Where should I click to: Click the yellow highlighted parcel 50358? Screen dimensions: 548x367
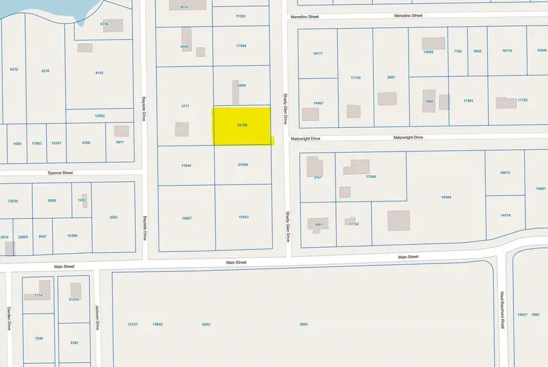(242, 125)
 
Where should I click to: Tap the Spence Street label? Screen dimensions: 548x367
(60, 173)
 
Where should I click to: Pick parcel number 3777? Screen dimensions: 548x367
(185, 106)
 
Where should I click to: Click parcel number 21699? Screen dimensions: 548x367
(243, 164)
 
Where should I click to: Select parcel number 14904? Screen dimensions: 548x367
(446, 197)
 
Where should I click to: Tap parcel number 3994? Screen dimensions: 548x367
(303, 324)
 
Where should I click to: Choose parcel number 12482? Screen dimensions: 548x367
(99, 116)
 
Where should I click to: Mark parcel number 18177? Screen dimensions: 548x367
(317, 54)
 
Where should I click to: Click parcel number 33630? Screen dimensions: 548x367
(13, 201)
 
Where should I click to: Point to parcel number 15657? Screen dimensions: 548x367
(186, 218)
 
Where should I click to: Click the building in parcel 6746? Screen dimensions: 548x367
(113, 26)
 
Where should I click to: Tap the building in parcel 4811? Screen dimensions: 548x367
(122, 131)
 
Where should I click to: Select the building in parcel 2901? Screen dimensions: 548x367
(387, 99)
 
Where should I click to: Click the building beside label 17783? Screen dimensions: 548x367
(505, 103)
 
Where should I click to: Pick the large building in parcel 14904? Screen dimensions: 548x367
(399, 220)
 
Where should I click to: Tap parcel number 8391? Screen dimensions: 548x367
(74, 343)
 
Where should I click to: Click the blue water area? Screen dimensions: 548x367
(49, 9)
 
